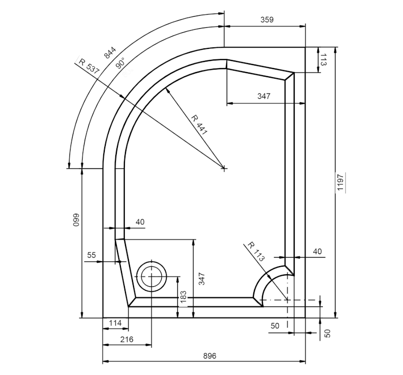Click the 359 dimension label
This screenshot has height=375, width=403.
[267, 20]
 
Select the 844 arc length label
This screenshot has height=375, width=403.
[110, 52]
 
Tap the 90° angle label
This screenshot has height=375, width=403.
[120, 63]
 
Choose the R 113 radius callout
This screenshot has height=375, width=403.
[256, 251]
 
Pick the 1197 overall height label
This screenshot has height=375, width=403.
[341, 182]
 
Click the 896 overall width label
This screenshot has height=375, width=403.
[210, 356]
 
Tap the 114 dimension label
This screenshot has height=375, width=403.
[115, 323]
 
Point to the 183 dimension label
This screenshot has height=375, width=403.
[183, 297]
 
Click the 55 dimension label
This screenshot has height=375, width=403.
[91, 256]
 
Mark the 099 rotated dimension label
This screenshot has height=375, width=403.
[77, 221]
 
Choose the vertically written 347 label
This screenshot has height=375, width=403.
[201, 279]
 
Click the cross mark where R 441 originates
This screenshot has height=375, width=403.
[224, 168]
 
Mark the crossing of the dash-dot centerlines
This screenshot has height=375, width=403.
[287, 300]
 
